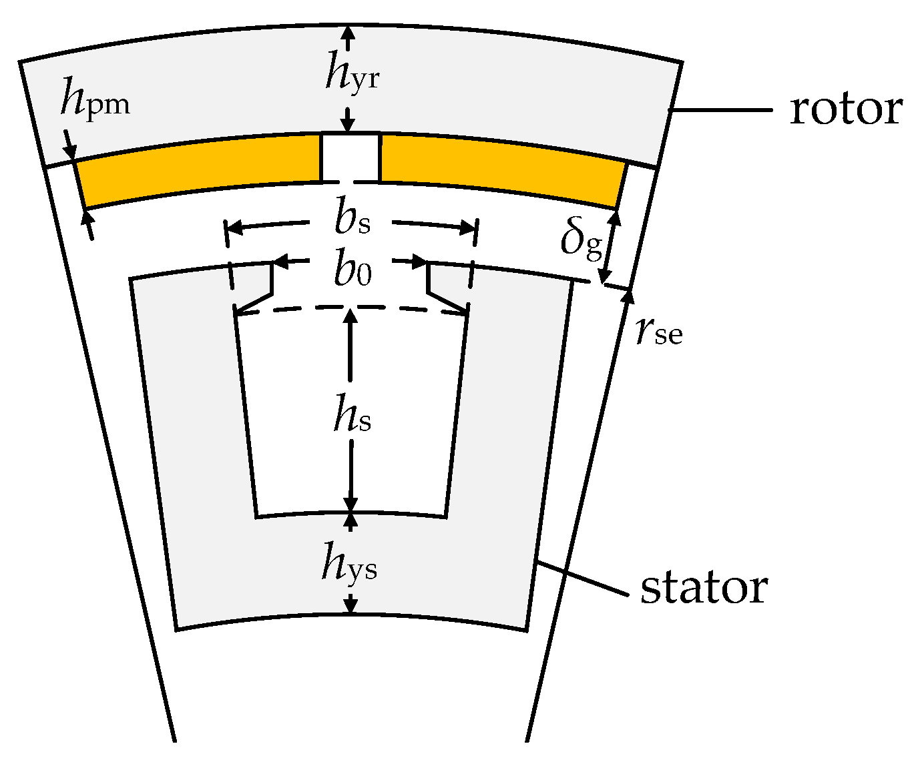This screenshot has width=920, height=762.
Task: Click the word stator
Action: (704, 589)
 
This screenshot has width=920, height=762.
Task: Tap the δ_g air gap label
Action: (581, 242)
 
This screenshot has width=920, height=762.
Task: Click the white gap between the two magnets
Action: (351, 157)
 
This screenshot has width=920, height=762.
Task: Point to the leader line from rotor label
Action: (721, 109)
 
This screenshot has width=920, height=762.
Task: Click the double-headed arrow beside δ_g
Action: (610, 247)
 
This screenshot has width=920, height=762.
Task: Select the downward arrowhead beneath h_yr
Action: (347, 125)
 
